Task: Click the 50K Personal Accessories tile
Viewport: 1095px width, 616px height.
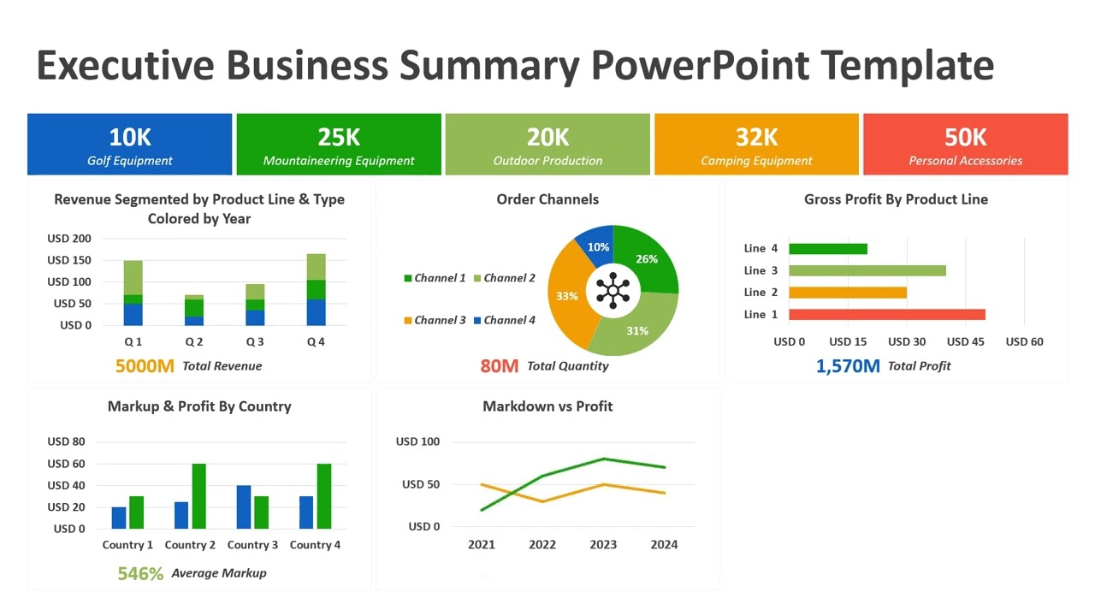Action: pos(965,145)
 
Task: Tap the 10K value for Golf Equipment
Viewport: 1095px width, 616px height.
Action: pos(130,137)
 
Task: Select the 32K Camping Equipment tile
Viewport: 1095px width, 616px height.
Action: pos(756,145)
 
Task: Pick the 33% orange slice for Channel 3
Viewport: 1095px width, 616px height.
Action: pos(566,295)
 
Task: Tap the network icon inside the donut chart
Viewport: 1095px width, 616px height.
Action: pos(613,290)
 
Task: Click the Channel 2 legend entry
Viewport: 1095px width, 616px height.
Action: pos(510,278)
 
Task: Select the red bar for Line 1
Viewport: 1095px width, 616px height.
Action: pos(886,314)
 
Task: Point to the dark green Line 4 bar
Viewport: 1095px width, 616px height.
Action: pos(827,249)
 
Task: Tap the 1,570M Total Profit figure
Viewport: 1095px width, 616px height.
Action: pos(847,366)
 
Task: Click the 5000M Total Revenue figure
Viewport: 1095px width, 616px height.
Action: pos(145,366)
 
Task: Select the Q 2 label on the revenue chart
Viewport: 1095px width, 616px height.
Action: pos(194,341)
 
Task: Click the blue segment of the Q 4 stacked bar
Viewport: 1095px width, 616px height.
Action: pos(316,312)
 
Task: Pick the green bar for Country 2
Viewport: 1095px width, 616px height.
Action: pos(198,496)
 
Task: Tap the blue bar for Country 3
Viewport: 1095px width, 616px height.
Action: pos(243,507)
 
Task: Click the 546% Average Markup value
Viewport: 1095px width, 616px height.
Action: pos(140,573)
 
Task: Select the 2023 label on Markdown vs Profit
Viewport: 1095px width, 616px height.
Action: pos(603,544)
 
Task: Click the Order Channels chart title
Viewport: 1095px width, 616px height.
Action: pos(547,199)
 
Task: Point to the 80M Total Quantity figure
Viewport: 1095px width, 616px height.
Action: pos(499,366)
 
